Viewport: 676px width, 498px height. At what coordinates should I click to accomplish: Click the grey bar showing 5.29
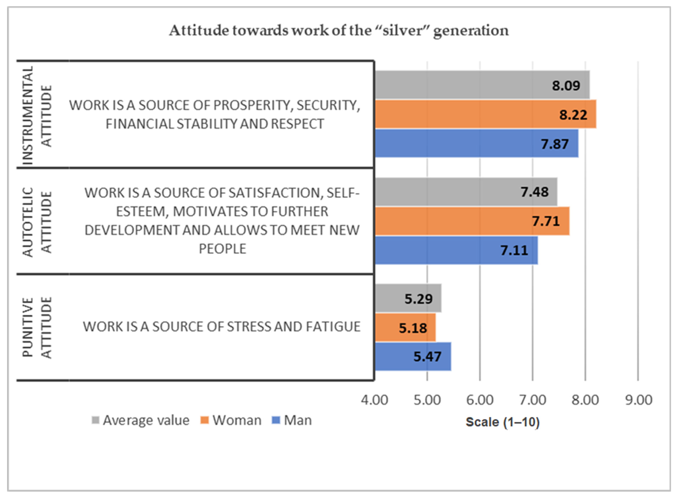[x=392, y=298]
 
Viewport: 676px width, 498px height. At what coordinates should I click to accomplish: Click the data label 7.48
[x=534, y=192]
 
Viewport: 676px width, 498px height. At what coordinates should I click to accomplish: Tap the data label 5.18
[x=413, y=328]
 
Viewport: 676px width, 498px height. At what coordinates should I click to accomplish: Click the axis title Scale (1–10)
[x=502, y=422]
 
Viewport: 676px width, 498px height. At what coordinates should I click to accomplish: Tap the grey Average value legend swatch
[x=95, y=420]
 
